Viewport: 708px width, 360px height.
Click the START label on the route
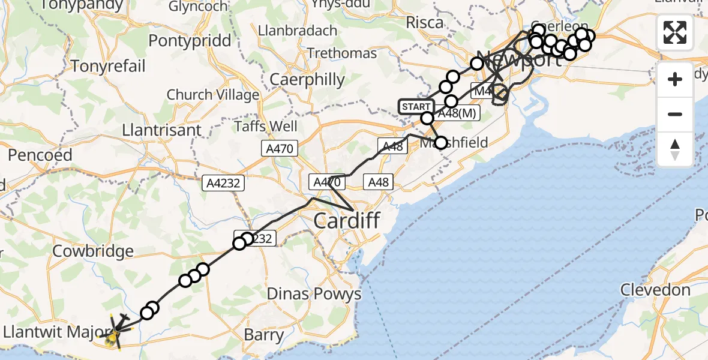415,107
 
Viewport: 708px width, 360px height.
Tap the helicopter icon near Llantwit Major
115,332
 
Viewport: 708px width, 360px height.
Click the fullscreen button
675,32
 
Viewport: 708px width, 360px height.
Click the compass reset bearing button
675,149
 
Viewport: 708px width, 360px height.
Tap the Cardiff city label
346,221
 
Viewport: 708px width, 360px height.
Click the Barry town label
264,334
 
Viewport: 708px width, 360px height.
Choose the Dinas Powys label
314,294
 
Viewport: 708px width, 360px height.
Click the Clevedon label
655,290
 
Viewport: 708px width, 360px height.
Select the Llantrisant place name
161,130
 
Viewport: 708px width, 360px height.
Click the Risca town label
425,23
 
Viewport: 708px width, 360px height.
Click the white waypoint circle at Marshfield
441,143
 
